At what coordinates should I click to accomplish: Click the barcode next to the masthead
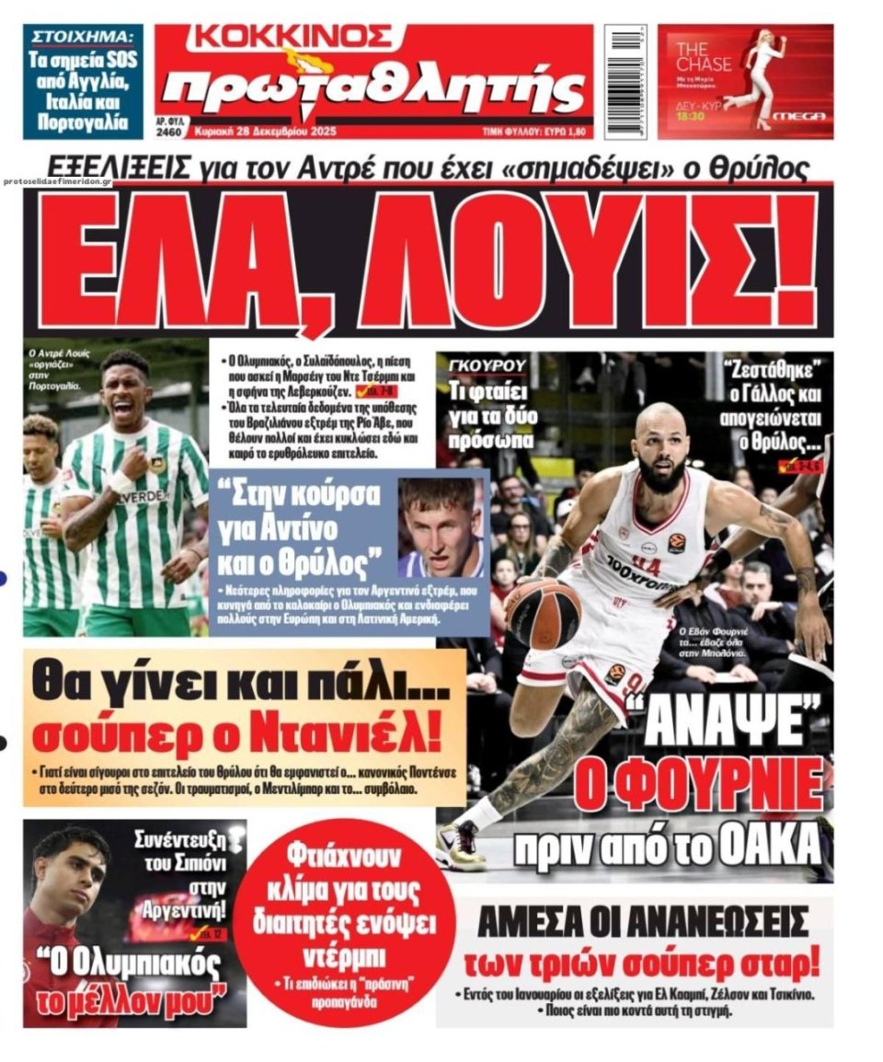[x=626, y=81]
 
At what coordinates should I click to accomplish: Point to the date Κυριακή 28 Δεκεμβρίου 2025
[x=266, y=133]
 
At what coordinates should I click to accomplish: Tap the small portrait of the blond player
[x=441, y=528]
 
